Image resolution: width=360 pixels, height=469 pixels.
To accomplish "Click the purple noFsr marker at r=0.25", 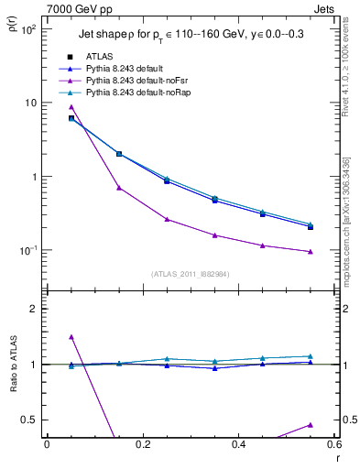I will (x=167, y=219).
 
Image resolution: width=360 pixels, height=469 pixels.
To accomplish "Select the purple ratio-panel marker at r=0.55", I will (x=311, y=425).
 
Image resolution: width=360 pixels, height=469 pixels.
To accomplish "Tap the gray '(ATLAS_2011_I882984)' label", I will (x=190, y=274).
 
